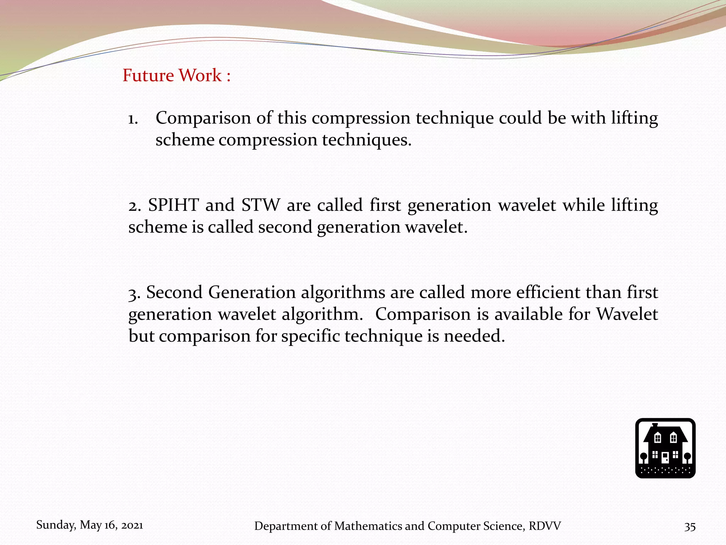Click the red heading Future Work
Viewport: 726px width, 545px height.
click(x=176, y=76)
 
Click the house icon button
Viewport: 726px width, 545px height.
click(x=665, y=448)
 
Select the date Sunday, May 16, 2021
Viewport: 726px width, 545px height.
click(x=90, y=525)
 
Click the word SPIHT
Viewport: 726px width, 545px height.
click(x=173, y=205)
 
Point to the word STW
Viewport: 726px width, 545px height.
click(x=261, y=205)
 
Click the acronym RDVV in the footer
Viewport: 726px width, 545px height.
click(x=544, y=526)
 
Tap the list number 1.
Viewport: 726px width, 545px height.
click(x=133, y=119)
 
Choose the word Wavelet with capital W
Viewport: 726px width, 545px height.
click(x=627, y=314)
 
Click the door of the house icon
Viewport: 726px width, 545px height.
click(x=665, y=457)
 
